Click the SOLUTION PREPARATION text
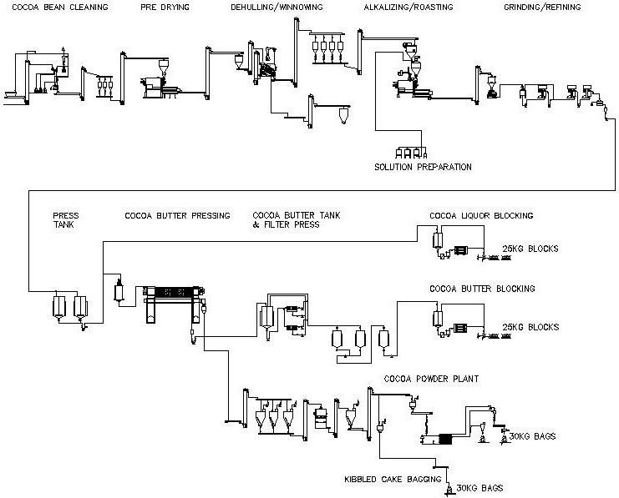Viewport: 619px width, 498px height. pyautogui.click(x=423, y=167)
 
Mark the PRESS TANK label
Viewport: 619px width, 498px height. pyautogui.click(x=65, y=220)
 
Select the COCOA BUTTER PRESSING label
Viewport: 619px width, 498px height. pyautogui.click(x=177, y=215)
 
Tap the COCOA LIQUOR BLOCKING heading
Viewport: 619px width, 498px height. pyautogui.click(x=481, y=215)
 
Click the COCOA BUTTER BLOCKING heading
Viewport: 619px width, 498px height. pyautogui.click(x=482, y=289)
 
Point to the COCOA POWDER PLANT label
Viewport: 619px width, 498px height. pyautogui.click(x=432, y=378)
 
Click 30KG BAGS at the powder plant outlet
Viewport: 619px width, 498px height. pyautogui.click(x=532, y=436)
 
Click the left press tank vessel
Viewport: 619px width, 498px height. pyautogui.click(x=58, y=306)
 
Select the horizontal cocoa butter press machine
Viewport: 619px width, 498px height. pyautogui.click(x=172, y=294)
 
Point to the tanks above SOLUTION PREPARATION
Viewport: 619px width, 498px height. pyautogui.click(x=410, y=152)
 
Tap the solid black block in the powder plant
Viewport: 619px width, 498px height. pyautogui.click(x=444, y=439)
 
